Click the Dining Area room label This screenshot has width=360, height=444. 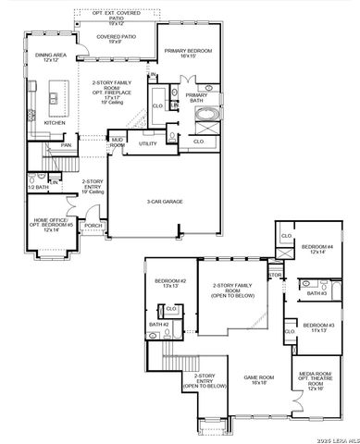(51, 57)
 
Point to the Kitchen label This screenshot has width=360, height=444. (55, 122)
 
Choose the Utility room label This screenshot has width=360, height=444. (147, 143)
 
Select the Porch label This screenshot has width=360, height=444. (93, 225)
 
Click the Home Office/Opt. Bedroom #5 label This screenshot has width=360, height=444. (50, 224)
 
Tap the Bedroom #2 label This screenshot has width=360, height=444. (170, 282)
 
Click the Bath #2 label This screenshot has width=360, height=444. (157, 325)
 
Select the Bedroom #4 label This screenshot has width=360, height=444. (318, 250)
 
